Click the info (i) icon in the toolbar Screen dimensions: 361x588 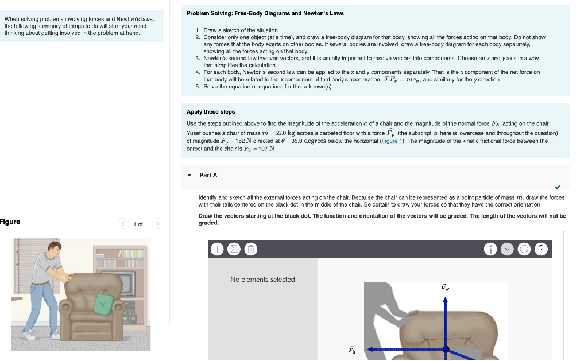click(490, 249)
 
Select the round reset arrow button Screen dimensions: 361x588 click(524, 249)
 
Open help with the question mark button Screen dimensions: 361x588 click(541, 249)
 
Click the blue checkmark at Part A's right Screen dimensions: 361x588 click(558, 187)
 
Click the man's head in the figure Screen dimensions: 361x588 click(53, 250)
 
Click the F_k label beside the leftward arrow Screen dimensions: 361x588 click(351, 349)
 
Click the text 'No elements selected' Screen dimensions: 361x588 click(262, 280)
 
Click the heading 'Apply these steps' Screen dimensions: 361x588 click(211, 112)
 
